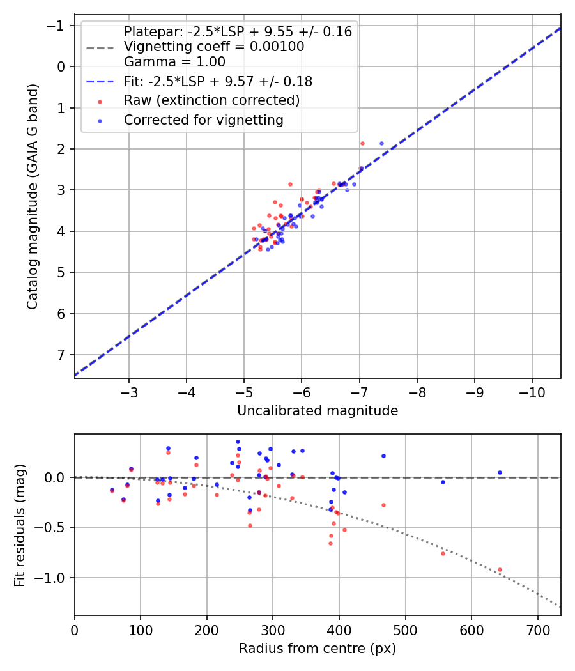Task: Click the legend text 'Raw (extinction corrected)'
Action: (211, 100)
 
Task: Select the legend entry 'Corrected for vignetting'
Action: (204, 120)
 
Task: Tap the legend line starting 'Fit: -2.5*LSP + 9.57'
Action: (218, 82)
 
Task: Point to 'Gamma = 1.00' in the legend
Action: (174, 62)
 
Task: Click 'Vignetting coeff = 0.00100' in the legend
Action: (214, 47)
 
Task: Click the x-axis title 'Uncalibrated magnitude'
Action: (318, 411)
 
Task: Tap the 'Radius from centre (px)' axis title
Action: (318, 649)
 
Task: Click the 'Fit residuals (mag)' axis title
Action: (20, 524)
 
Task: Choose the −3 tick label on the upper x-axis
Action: (129, 390)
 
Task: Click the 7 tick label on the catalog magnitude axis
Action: (62, 355)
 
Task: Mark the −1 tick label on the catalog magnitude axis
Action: (58, 26)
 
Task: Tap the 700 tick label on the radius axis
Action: (537, 628)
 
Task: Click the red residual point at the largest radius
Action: (500, 569)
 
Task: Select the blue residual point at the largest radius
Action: (500, 473)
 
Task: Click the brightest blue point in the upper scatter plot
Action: (381, 143)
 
